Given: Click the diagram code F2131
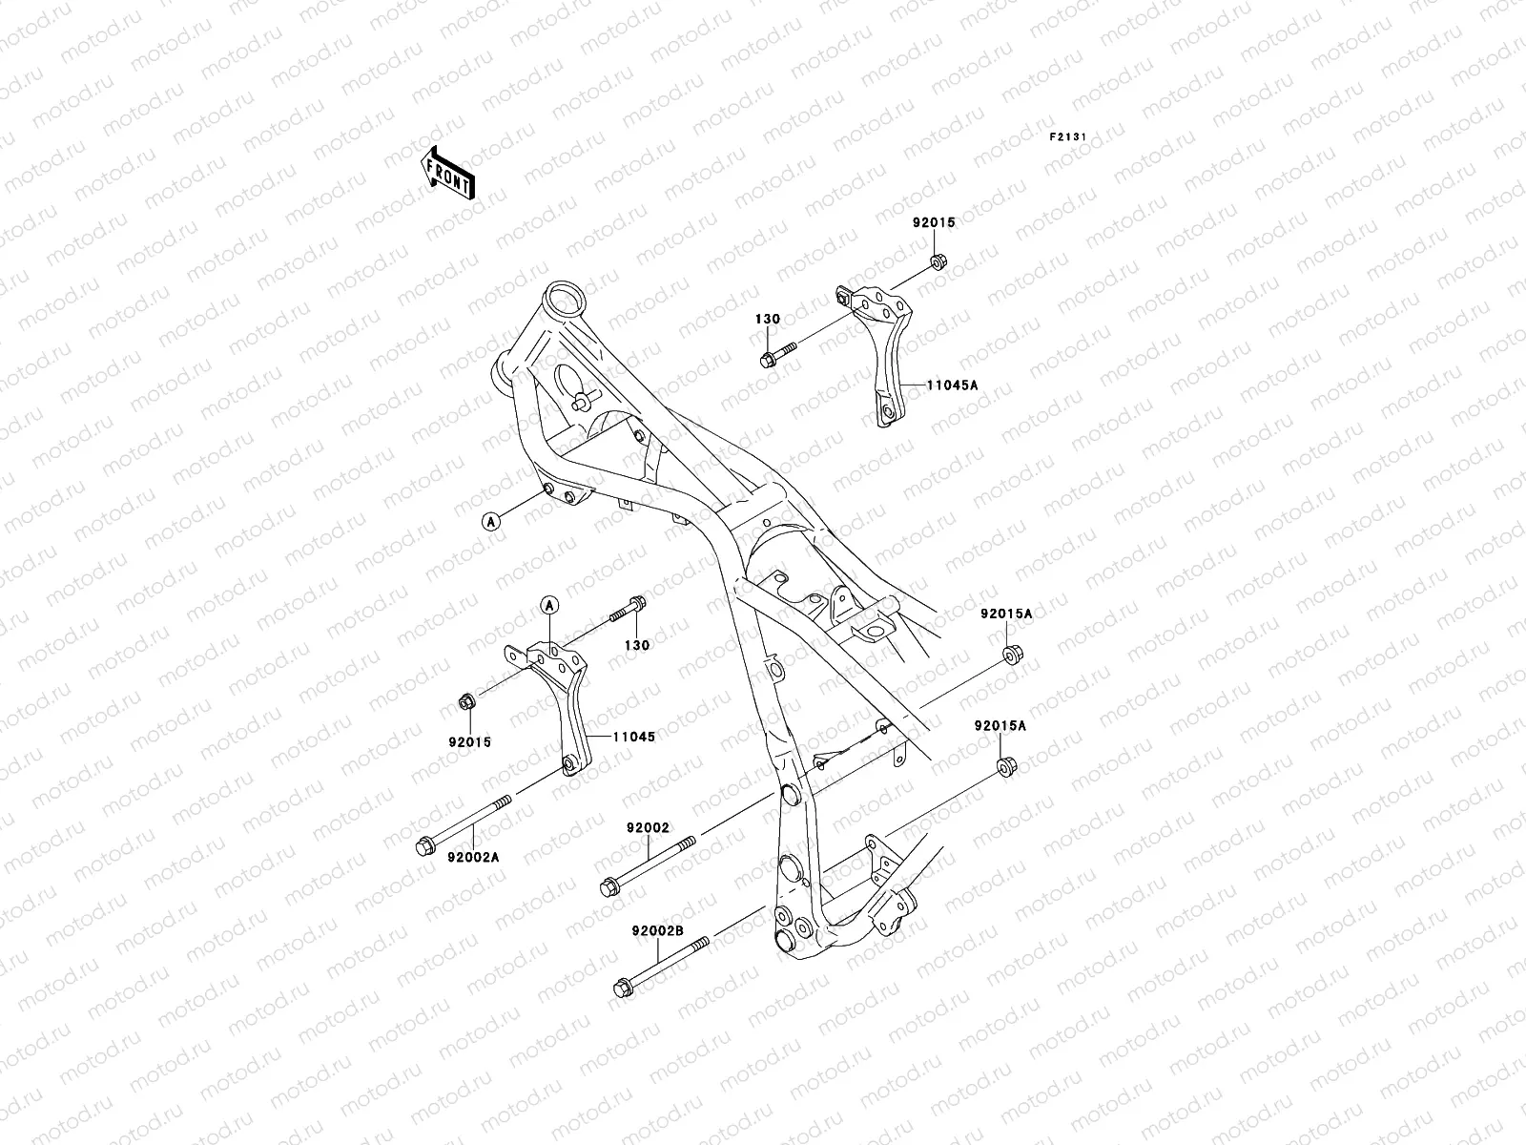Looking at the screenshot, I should pyautogui.click(x=1068, y=137).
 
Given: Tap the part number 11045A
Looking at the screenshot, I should pyautogui.click(x=951, y=385).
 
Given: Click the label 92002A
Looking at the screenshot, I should pyautogui.click(x=473, y=857).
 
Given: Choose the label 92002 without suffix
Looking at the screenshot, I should pyautogui.click(x=648, y=828).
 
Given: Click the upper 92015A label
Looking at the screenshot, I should pyautogui.click(x=1005, y=614).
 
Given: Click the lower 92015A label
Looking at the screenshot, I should pyautogui.click(x=1000, y=725).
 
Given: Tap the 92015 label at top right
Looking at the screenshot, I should pyautogui.click(x=933, y=223).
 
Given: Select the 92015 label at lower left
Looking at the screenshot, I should pyautogui.click(x=469, y=741).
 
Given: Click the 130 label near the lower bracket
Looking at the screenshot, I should pyautogui.click(x=636, y=645).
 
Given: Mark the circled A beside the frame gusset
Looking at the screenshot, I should pyautogui.click(x=490, y=521).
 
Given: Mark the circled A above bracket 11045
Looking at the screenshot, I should pyautogui.click(x=549, y=604).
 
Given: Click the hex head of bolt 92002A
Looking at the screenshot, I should pyautogui.click(x=424, y=845).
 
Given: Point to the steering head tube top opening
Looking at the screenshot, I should pyautogui.click(x=564, y=296).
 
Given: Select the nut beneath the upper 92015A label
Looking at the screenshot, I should pyautogui.click(x=1012, y=655).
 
